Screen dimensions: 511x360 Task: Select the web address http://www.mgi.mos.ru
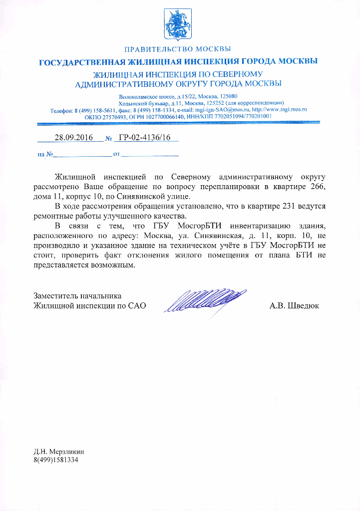(x=279, y=109)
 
